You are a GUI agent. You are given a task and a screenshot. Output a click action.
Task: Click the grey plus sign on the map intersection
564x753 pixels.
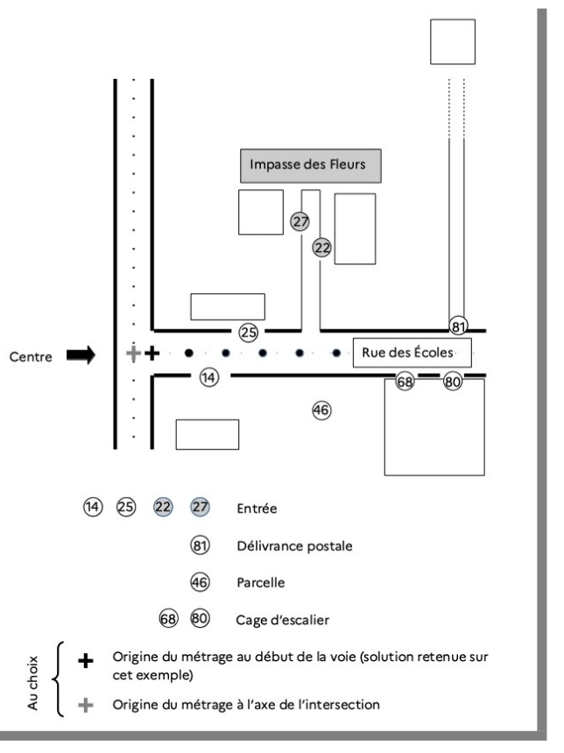[132, 354]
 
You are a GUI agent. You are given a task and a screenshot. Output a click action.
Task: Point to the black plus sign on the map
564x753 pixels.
[151, 354]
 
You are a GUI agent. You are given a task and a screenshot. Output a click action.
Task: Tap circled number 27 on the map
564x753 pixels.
[300, 222]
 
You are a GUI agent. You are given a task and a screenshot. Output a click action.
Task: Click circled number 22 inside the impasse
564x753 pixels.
[322, 248]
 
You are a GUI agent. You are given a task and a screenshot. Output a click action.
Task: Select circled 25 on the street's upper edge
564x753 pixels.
[249, 333]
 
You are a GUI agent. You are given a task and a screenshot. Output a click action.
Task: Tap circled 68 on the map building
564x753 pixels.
[405, 382]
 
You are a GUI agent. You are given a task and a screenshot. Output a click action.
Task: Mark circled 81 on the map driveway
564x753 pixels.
[458, 327]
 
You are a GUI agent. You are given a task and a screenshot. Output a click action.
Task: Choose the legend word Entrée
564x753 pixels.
[256, 508]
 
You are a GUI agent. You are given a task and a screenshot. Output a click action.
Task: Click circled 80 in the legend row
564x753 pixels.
[201, 617]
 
